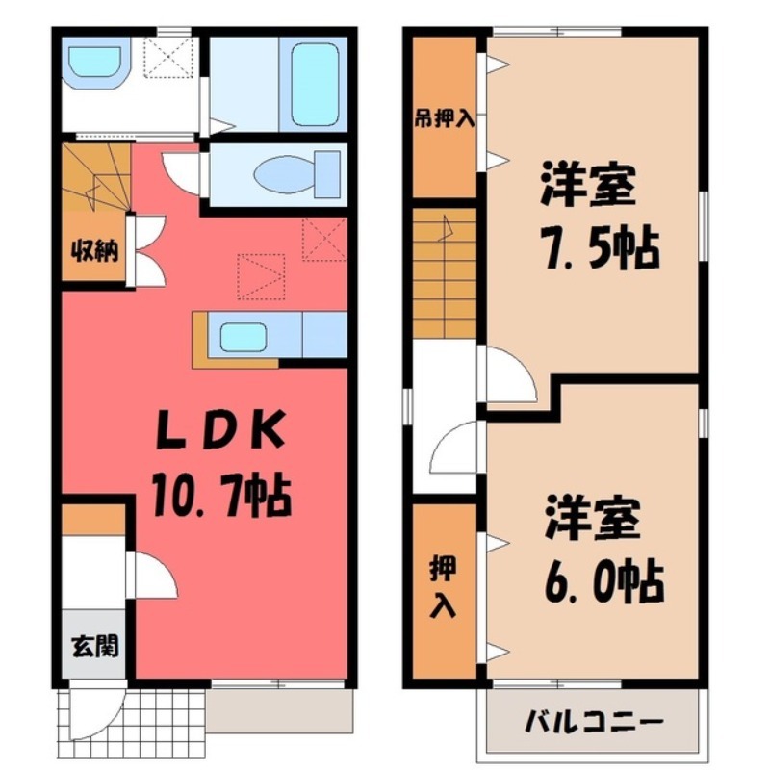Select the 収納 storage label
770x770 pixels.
(x=94, y=252)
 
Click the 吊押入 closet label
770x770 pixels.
(x=445, y=119)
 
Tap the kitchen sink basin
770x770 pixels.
(x=243, y=338)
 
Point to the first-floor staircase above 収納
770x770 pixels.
(x=94, y=178)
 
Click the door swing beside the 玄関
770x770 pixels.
(x=154, y=577)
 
